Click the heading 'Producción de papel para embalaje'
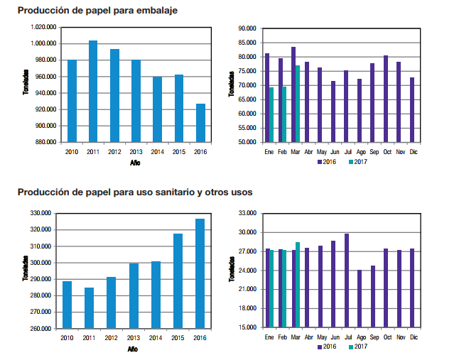click(97, 11)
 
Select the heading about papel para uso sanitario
click(134, 192)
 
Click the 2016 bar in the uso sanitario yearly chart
click(200, 273)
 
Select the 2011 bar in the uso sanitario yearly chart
click(89, 308)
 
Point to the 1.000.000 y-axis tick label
click(44, 43)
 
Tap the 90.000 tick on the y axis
click(247, 28)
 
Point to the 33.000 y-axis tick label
click(247, 213)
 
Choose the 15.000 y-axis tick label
click(247, 328)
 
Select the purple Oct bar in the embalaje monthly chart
click(386, 99)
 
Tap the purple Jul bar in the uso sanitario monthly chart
click(347, 280)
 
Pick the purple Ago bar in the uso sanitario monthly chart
click(360, 298)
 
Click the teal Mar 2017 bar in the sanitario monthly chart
click(298, 285)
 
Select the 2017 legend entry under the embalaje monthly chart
click(359, 163)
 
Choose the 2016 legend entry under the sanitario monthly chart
click(327, 347)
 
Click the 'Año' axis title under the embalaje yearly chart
click(135, 163)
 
